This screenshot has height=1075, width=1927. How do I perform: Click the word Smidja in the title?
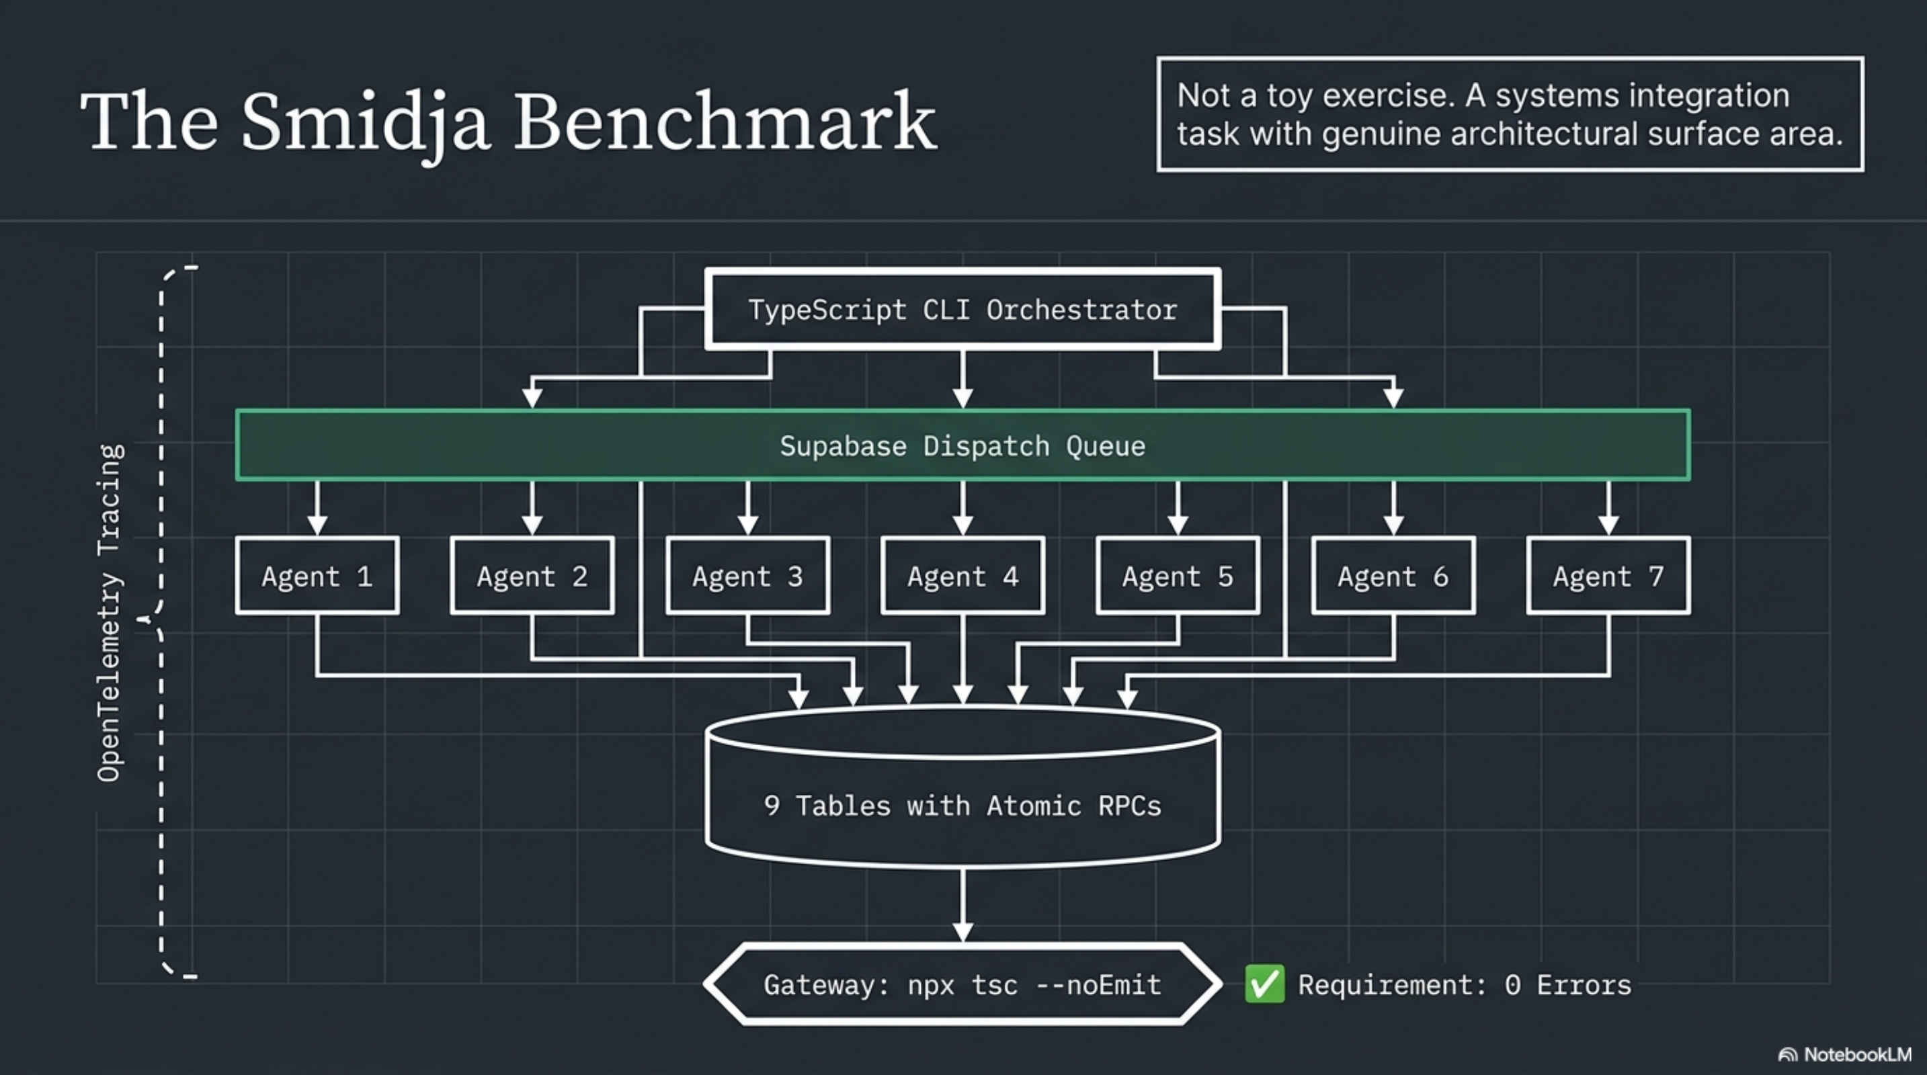[365, 124]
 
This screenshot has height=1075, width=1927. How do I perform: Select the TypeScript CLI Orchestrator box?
[962, 310]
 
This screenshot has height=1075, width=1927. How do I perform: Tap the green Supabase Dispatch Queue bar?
[962, 445]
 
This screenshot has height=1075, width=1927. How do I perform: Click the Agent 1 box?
[317, 576]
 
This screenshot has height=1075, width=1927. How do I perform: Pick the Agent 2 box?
[532, 576]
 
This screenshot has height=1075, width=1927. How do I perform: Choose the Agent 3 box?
[748, 576]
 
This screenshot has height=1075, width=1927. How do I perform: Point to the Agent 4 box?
[962, 576]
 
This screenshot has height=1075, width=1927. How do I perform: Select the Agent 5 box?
[1178, 576]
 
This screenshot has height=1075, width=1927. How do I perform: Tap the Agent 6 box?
[1393, 576]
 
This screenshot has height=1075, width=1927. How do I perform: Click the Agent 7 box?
[1608, 576]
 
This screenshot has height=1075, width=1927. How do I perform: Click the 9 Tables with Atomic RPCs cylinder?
[962, 805]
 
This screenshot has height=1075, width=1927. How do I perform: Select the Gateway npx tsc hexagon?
[962, 984]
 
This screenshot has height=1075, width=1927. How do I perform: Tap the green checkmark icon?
[1264, 984]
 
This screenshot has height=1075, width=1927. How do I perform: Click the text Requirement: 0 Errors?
[1464, 985]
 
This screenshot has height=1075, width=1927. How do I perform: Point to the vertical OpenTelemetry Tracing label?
[110, 613]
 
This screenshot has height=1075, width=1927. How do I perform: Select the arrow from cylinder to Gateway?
[962, 901]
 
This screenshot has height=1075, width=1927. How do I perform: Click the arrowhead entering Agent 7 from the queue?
[1608, 525]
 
